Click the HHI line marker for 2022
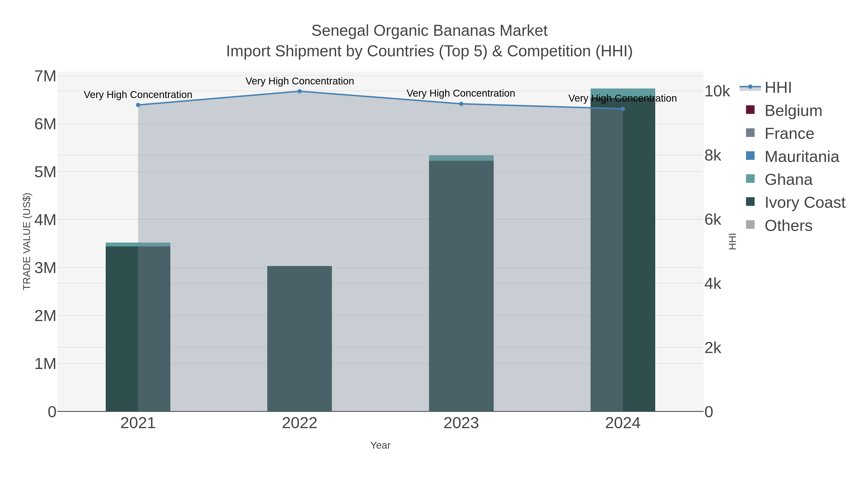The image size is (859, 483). (x=299, y=91)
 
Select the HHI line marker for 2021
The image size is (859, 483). (x=138, y=105)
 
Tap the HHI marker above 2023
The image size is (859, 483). (x=461, y=104)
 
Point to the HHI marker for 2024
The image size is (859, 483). (x=623, y=109)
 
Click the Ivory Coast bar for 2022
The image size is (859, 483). (x=299, y=338)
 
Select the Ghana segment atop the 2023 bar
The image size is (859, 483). (x=461, y=158)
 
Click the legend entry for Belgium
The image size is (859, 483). (x=793, y=111)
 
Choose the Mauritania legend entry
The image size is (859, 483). (x=801, y=157)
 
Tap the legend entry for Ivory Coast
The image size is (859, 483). (x=804, y=202)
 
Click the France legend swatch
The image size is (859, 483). (x=750, y=133)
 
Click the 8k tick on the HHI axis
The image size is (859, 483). (x=713, y=155)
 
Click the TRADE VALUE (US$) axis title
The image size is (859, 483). (x=27, y=241)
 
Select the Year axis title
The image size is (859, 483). (x=380, y=445)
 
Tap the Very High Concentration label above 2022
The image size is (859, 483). (x=299, y=81)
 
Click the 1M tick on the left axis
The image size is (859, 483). (x=45, y=364)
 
